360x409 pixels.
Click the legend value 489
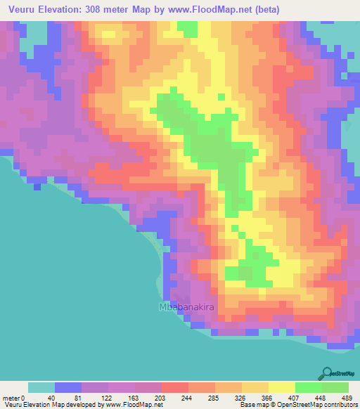point(347,398)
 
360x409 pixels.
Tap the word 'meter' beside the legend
point(12,398)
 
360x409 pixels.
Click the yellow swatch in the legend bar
point(281,387)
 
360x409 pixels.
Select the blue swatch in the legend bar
point(68,387)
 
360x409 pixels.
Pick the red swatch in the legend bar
point(174,387)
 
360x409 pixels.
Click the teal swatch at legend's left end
point(41,387)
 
